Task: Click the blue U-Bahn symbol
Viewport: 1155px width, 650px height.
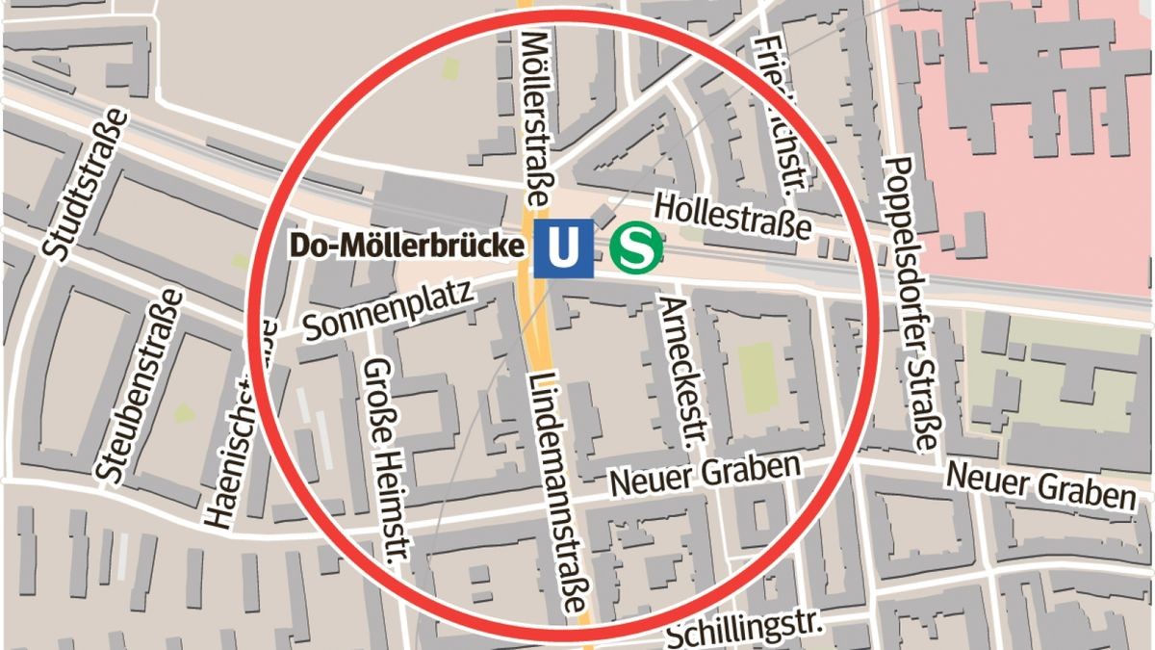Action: [x=563, y=248]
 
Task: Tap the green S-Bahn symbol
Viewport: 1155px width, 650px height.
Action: [x=636, y=247]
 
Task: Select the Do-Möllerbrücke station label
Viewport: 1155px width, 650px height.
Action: [x=408, y=247]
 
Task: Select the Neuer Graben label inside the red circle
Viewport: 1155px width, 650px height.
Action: [x=706, y=476]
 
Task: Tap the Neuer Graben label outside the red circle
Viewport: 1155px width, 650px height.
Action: [x=1040, y=484]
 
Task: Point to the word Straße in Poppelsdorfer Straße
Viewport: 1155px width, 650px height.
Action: [x=918, y=403]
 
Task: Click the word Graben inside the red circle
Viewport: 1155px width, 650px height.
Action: [x=756, y=470]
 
